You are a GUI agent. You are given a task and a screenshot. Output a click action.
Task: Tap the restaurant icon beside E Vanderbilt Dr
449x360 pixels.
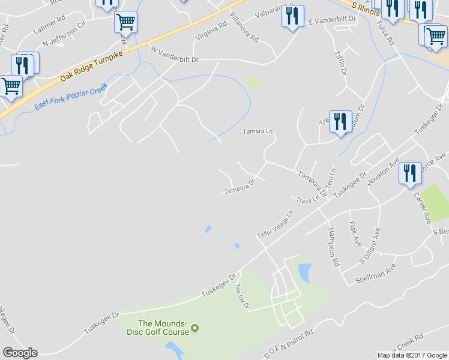coord(292,16)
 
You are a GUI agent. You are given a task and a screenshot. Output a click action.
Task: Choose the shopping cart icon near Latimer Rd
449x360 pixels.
coord(126,22)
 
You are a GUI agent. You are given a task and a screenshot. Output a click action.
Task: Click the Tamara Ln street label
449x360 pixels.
coord(258,131)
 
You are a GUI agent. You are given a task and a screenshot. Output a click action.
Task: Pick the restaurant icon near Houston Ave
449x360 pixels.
coord(411,173)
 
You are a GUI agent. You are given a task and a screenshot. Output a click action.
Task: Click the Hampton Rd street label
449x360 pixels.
coord(334,247)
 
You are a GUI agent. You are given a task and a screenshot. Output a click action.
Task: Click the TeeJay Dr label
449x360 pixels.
coord(242,296)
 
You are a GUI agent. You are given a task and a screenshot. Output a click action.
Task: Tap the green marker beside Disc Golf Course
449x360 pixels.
coord(194,328)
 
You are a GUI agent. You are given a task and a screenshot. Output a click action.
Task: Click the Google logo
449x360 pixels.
coord(20,353)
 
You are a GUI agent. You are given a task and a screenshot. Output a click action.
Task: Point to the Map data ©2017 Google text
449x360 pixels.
coord(412,355)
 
